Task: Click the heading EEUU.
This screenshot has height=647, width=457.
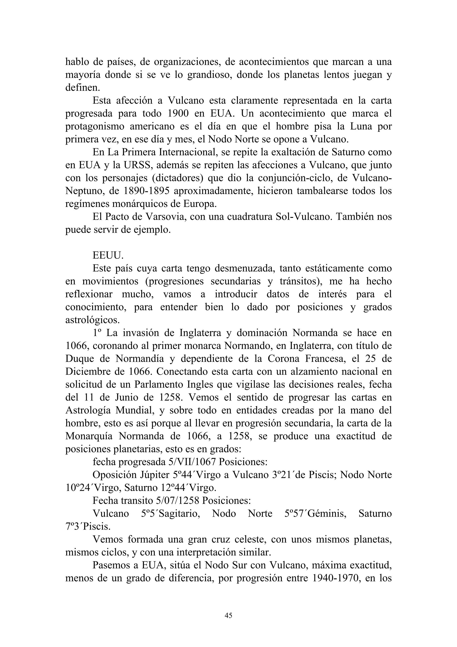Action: (108, 255)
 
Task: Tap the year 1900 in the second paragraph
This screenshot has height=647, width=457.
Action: (178, 113)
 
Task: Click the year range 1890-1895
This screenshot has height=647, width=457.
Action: (146, 191)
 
